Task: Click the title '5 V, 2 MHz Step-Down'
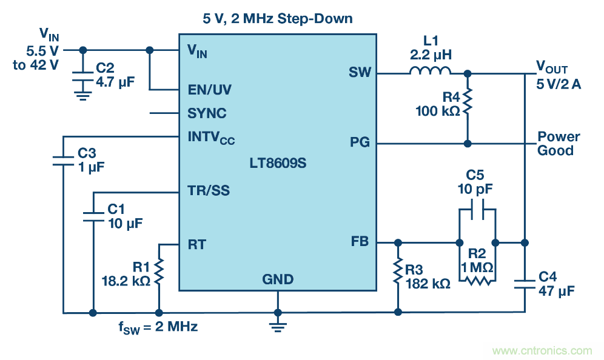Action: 278,19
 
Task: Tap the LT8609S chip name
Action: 278,164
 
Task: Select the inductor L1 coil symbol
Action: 430,72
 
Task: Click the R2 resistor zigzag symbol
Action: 477,281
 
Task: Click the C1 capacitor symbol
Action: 93,216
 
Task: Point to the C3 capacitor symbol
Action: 63,160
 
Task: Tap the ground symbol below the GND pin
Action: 278,327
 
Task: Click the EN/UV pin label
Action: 209,90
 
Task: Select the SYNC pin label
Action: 207,113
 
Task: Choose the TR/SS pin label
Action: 209,192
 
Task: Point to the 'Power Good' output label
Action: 559,144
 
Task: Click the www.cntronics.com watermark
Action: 542,350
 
